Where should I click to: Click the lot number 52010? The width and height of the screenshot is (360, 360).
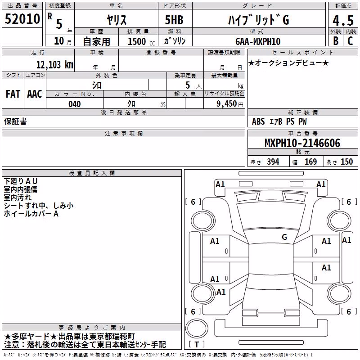22,19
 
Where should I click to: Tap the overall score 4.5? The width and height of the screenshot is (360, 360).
343,20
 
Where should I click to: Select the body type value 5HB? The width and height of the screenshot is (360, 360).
174,20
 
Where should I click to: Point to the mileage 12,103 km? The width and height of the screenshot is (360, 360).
55,64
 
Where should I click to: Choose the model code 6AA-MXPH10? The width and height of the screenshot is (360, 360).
258,41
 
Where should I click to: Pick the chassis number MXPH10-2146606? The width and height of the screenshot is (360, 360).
302,143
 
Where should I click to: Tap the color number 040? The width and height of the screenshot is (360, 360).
75,104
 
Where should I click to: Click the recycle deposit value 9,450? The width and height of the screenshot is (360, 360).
227,104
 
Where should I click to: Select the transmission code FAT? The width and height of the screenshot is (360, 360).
13,94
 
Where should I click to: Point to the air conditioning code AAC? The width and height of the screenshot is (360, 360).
35,94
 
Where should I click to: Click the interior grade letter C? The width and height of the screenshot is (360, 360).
350,41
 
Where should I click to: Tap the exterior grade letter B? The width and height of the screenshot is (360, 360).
336,41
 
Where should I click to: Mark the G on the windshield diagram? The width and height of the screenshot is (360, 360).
284,237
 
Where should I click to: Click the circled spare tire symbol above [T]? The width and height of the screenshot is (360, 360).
197,328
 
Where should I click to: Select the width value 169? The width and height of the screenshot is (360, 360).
310,162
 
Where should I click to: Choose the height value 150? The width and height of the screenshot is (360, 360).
346,162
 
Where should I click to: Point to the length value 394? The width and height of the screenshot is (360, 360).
273,162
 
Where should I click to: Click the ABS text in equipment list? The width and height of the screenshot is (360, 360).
258,121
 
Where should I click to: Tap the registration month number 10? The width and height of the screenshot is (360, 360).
59,41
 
